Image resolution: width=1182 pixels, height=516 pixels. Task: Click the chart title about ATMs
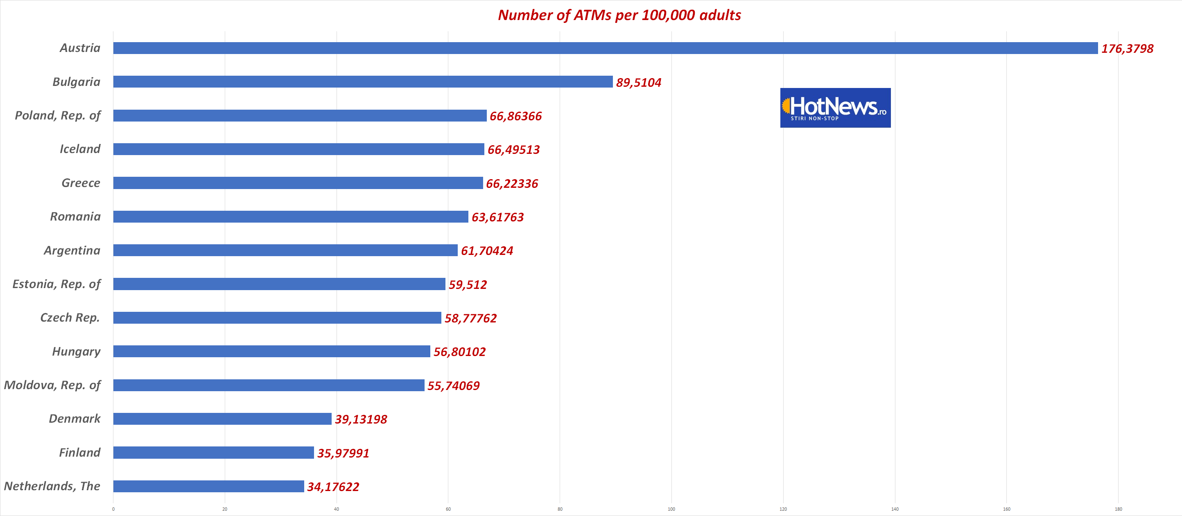click(x=619, y=15)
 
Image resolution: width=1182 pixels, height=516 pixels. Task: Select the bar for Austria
click(x=605, y=48)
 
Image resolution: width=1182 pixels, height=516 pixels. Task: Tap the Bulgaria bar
click(x=362, y=82)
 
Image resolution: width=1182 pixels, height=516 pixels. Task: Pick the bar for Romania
click(x=290, y=216)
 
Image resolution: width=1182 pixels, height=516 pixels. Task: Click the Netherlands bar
click(x=208, y=486)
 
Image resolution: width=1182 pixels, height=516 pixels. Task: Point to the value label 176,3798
click(x=1127, y=49)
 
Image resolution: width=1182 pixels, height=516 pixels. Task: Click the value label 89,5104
click(x=638, y=83)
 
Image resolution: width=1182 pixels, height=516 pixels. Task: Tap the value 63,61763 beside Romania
click(x=497, y=217)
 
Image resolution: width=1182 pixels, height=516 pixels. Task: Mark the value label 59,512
click(x=468, y=284)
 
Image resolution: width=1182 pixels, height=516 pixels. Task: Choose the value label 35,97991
click(x=343, y=453)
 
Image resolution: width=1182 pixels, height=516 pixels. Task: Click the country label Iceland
click(x=80, y=149)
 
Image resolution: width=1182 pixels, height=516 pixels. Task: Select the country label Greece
click(x=81, y=183)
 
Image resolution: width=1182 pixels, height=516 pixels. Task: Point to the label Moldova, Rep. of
click(x=52, y=385)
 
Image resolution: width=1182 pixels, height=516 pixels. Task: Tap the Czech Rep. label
click(x=70, y=318)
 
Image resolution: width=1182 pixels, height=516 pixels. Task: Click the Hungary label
click(x=76, y=352)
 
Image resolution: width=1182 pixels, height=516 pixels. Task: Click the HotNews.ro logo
click(x=835, y=108)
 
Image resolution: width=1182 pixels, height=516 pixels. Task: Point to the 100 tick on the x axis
click(x=671, y=509)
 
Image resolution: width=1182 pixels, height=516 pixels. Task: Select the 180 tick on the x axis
click(x=1118, y=509)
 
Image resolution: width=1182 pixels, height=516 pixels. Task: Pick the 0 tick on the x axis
click(x=113, y=509)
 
